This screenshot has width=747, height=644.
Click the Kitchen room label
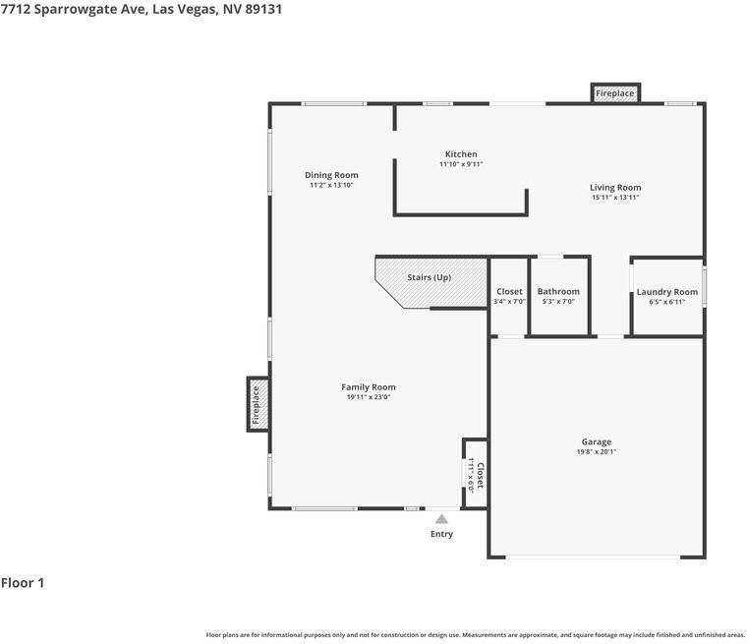point(461,154)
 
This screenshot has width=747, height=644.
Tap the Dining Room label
point(331,175)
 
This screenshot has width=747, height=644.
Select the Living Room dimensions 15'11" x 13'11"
point(615,197)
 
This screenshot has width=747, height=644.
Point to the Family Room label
point(369,387)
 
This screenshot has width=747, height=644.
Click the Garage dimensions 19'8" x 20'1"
point(596,451)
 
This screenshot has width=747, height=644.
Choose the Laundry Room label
point(667,292)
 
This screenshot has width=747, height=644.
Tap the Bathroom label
point(558,291)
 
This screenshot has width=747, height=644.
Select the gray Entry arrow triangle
point(441,518)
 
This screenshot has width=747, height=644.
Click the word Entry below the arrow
point(441,534)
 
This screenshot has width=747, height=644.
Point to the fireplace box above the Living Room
point(615,93)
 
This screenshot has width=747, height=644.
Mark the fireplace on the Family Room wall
point(258,404)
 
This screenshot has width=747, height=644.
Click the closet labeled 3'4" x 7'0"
point(509,298)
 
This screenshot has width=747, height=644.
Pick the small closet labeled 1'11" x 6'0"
point(475,474)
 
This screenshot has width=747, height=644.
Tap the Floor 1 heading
point(23,582)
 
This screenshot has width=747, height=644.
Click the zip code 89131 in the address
point(263,9)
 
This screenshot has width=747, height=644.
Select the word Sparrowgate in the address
point(76,10)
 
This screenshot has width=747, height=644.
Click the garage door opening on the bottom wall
point(593,556)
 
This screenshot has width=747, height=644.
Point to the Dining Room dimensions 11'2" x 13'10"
point(331,185)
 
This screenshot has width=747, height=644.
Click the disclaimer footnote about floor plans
point(476,635)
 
